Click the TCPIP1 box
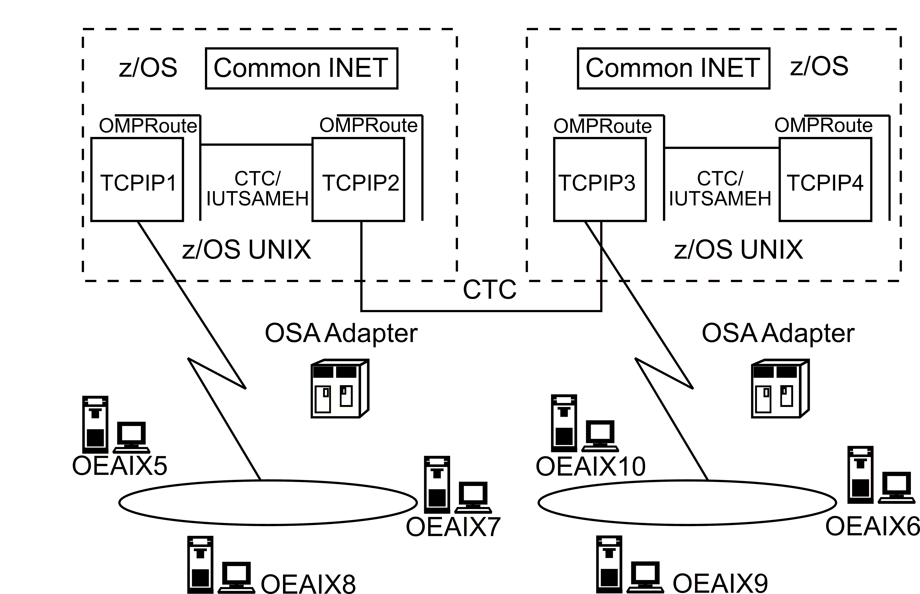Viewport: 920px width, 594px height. coord(137,180)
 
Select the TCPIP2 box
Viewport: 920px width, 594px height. coord(358,180)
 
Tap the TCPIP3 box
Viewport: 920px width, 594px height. coord(600,180)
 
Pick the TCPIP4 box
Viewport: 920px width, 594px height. coord(825,180)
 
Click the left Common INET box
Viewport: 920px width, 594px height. coord(301,68)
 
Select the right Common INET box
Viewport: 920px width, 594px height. coord(673,68)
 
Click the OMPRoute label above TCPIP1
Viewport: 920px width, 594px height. coord(148,126)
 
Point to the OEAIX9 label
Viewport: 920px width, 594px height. coord(720,583)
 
